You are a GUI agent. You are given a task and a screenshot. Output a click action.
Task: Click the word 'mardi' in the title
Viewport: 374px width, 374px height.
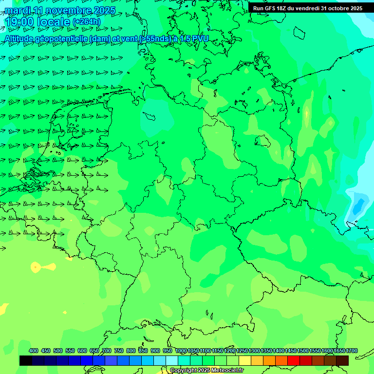point(18,10)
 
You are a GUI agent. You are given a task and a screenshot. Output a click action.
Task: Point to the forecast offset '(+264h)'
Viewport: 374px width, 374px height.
point(86,22)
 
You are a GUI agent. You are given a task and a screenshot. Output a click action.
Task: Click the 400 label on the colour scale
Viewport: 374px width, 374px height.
point(34,351)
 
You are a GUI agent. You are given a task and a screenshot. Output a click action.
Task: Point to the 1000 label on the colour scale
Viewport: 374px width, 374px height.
point(181,351)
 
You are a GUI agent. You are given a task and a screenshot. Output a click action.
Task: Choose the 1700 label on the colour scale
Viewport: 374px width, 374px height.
point(351,351)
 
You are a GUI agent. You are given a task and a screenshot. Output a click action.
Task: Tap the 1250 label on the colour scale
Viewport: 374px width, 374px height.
point(242,351)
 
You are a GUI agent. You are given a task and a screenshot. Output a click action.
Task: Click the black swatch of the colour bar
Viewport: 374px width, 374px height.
point(26,360)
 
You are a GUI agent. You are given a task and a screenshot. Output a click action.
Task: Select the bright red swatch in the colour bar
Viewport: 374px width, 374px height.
point(294,360)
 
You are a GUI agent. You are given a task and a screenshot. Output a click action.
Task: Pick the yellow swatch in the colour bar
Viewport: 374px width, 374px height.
point(245,360)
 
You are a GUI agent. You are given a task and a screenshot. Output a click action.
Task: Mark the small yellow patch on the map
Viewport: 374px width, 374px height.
point(36,266)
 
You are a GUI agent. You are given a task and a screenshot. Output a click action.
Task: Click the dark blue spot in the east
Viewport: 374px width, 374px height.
point(359,206)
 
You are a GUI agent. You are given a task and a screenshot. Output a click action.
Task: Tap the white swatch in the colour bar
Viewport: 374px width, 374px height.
point(172,360)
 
